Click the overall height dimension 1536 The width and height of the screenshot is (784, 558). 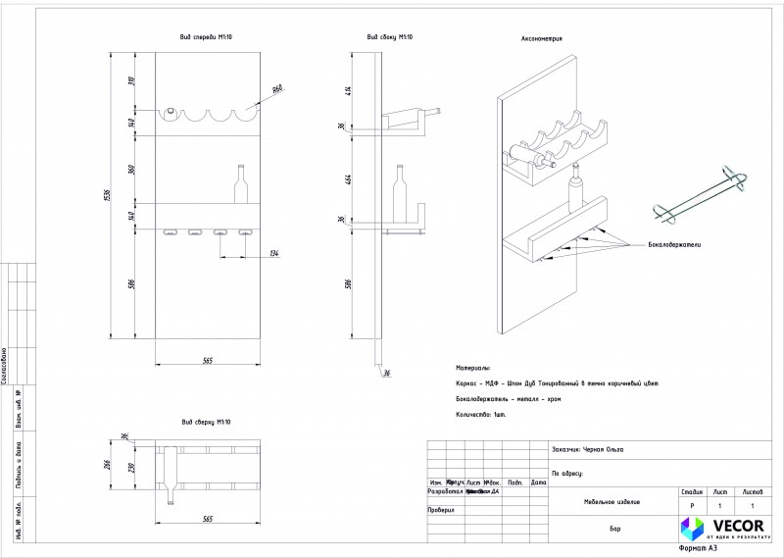(110, 196)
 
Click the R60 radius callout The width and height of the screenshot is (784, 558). (276, 89)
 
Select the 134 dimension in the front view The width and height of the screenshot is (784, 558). (273, 255)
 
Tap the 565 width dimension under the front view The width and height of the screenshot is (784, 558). (208, 360)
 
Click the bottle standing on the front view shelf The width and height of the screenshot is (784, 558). (239, 183)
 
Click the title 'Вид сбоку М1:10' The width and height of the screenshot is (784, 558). (389, 36)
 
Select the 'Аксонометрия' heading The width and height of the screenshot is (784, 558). (540, 39)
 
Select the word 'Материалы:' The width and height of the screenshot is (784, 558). (472, 368)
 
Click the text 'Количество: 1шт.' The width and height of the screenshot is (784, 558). (479, 415)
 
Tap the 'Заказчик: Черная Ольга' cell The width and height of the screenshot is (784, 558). (588, 449)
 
